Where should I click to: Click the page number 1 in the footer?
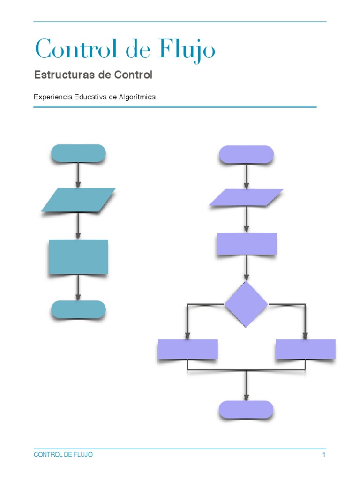(x=323, y=455)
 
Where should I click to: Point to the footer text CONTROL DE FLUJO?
(x=63, y=455)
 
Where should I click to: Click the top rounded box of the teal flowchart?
(x=78, y=153)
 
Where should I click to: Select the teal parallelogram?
(x=78, y=200)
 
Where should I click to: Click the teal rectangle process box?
(x=78, y=256)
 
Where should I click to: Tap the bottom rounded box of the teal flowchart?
(x=78, y=309)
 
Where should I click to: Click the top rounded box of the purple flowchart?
(x=246, y=154)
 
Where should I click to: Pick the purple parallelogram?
(x=246, y=197)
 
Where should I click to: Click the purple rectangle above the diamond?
(x=246, y=244)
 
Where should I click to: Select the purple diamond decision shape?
(x=246, y=304)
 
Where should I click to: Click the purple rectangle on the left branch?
(x=187, y=349)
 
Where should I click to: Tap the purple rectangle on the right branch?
(x=305, y=349)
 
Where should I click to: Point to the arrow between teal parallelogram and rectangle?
(x=78, y=226)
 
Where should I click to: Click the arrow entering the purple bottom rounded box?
(x=246, y=387)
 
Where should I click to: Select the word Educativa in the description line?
(x=91, y=97)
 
